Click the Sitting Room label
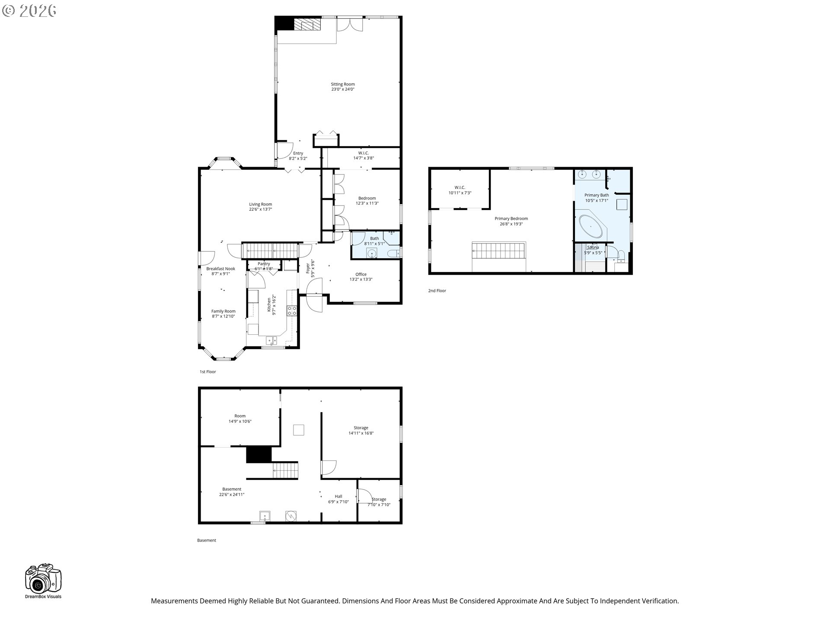click(343, 84)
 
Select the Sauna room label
click(593, 248)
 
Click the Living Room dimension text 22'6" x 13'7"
click(260, 209)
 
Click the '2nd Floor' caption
click(437, 291)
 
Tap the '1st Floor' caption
click(207, 372)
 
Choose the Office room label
click(361, 274)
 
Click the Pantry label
click(264, 264)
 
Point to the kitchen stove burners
click(292, 310)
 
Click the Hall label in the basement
click(338, 496)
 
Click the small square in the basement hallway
click(298, 430)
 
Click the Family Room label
click(223, 311)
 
